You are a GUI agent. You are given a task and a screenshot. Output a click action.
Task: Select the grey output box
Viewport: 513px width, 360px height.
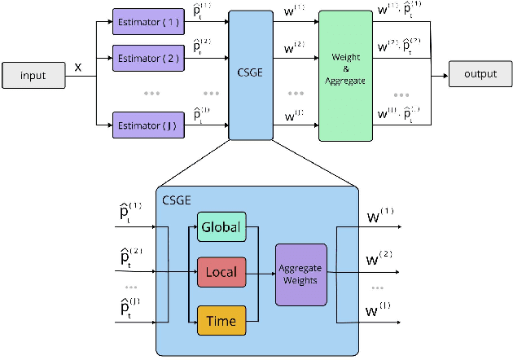[x=480, y=75]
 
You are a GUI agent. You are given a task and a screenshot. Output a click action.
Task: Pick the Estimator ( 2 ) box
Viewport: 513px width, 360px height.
[x=148, y=59]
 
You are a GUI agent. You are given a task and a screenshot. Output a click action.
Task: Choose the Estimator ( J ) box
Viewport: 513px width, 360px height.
[x=148, y=125]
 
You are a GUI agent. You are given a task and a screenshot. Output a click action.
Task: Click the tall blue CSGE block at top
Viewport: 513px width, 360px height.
[x=250, y=76]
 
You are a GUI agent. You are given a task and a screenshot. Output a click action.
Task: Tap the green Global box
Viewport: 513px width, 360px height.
[x=221, y=228]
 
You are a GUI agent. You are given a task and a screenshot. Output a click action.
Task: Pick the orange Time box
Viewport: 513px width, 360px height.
[x=221, y=321]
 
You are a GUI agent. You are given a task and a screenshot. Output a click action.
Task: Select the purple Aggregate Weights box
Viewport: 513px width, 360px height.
[x=301, y=274]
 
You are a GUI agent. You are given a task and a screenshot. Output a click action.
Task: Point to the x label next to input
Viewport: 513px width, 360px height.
[x=78, y=67]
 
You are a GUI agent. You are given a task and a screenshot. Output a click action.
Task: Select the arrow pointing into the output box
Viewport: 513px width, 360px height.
[x=440, y=76]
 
